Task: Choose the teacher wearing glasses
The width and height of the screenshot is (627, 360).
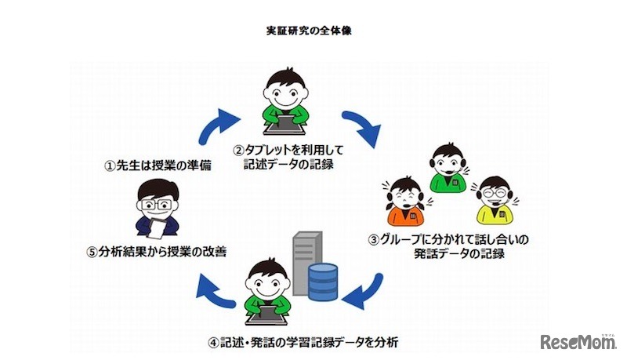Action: click(160, 208)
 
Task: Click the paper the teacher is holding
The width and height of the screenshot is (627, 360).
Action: click(161, 227)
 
